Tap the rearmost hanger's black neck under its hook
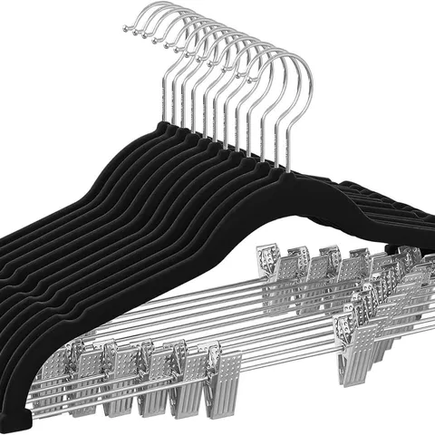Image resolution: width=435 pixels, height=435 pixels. point(169,128)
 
